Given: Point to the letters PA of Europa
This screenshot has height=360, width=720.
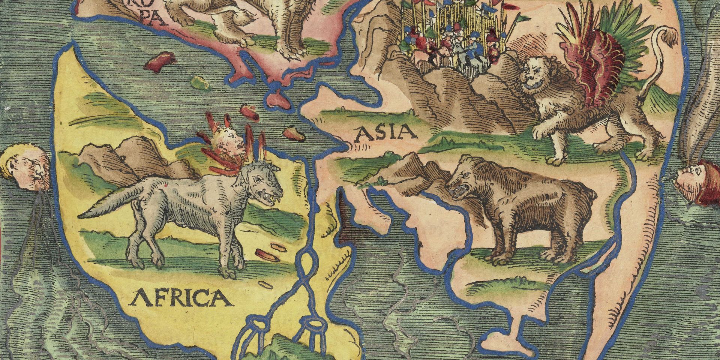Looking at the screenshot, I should pyautogui.click(x=156, y=19).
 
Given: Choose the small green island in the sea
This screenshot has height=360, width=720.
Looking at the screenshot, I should pyautogui.click(x=198, y=81).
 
